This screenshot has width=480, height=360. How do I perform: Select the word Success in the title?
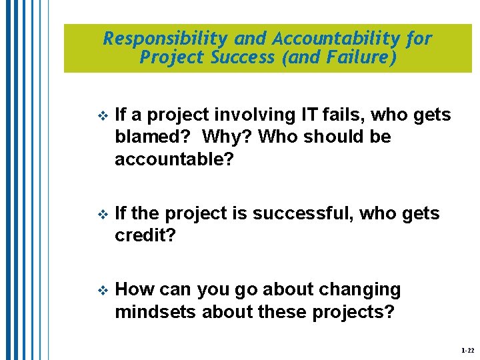click(x=243, y=58)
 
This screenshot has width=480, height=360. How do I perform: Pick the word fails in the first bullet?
click(x=343, y=115)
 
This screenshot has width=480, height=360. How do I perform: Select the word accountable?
click(x=175, y=159)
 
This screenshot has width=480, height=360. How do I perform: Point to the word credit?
click(x=144, y=236)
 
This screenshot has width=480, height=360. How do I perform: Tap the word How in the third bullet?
click(x=134, y=290)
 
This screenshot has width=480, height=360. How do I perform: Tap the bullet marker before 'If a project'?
click(x=102, y=116)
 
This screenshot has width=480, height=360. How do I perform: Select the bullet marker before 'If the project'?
click(x=102, y=215)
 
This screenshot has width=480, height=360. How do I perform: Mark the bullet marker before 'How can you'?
click(x=102, y=291)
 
